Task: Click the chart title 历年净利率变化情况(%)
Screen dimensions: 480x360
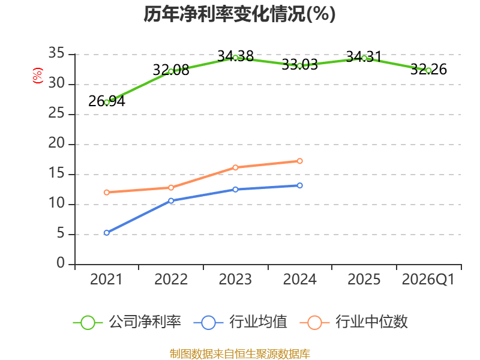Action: point(239,14)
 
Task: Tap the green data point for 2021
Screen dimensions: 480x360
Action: point(107,103)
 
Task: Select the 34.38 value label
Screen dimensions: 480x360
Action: point(235,56)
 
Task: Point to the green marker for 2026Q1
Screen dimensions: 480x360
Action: point(428,71)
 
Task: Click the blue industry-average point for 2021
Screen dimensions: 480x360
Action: point(107,233)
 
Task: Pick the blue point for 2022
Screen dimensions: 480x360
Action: point(171,201)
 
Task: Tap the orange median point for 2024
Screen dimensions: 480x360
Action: point(299,161)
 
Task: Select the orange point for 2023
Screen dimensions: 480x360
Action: point(235,167)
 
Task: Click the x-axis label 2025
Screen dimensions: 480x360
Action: point(364,280)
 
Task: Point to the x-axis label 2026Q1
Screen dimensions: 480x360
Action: point(428,280)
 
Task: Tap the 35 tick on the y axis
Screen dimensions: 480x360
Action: point(56,53)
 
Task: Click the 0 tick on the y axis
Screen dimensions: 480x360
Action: point(61,263)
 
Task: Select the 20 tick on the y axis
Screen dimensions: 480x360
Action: point(56,143)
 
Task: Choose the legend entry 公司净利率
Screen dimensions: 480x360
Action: point(127,322)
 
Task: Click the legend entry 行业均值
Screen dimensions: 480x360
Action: point(241,322)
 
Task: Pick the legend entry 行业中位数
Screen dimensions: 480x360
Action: point(354,322)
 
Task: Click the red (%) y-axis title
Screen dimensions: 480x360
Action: point(38,76)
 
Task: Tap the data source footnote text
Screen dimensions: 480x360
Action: point(240,354)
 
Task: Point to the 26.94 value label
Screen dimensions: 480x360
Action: point(107,101)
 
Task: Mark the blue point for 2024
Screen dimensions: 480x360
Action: point(299,185)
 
